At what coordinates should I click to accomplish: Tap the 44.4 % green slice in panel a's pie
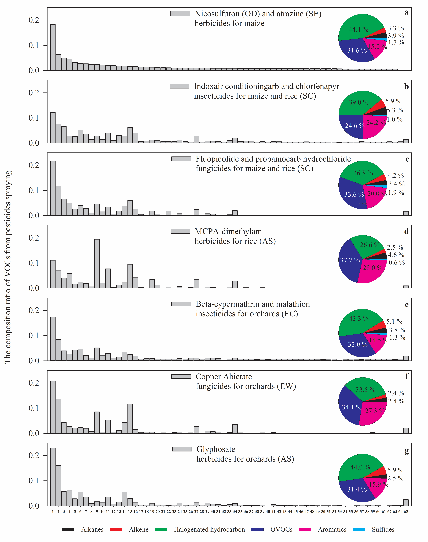pyautogui.click(x=358, y=28)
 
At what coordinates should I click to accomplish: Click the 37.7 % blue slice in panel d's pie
pyautogui.click(x=348, y=261)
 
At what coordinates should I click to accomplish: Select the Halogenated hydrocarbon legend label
pyautogui.click(x=209, y=529)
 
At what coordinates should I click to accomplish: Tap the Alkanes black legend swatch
pyautogui.click(x=68, y=529)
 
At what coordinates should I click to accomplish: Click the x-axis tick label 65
pyautogui.click(x=406, y=512)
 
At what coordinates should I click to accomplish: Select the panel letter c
pyautogui.click(x=407, y=159)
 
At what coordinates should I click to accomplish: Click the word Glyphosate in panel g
pyautogui.click(x=216, y=449)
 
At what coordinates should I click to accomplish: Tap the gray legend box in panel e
pyautogui.click(x=181, y=304)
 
